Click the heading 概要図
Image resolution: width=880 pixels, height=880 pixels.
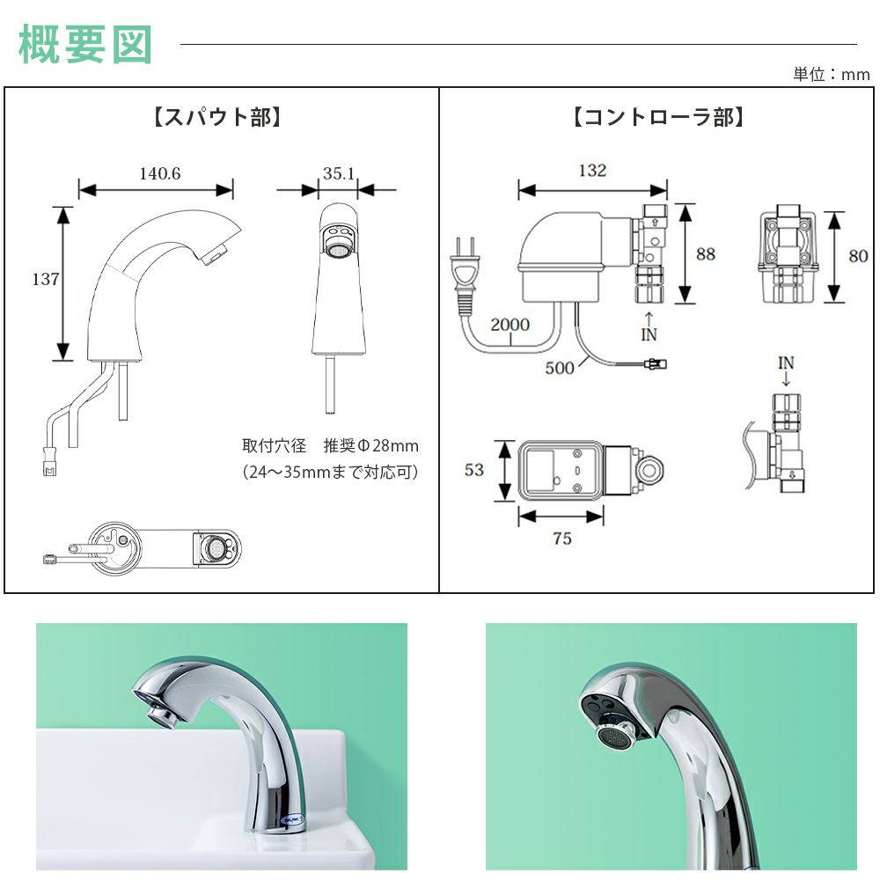[x=85, y=44]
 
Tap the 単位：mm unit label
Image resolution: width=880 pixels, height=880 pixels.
[x=831, y=74]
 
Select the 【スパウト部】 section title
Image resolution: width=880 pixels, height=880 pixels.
[x=218, y=117]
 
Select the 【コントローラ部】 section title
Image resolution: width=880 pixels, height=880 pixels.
[x=658, y=117]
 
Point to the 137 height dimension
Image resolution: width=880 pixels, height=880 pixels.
[x=46, y=280]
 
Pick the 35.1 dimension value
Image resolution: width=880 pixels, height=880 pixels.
[x=338, y=173]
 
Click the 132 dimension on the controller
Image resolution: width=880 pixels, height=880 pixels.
[x=592, y=171]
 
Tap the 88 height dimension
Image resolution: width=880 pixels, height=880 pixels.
[x=706, y=254]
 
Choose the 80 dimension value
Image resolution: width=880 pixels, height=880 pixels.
[x=857, y=256]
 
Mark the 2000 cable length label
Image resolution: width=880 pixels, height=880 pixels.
[x=510, y=325]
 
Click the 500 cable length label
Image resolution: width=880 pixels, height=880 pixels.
[x=560, y=368]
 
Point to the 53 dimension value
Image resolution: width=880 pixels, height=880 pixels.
[x=474, y=470]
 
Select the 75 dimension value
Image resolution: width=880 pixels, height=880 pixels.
[x=562, y=539]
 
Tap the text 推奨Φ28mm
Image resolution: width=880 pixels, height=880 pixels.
[x=370, y=444]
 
